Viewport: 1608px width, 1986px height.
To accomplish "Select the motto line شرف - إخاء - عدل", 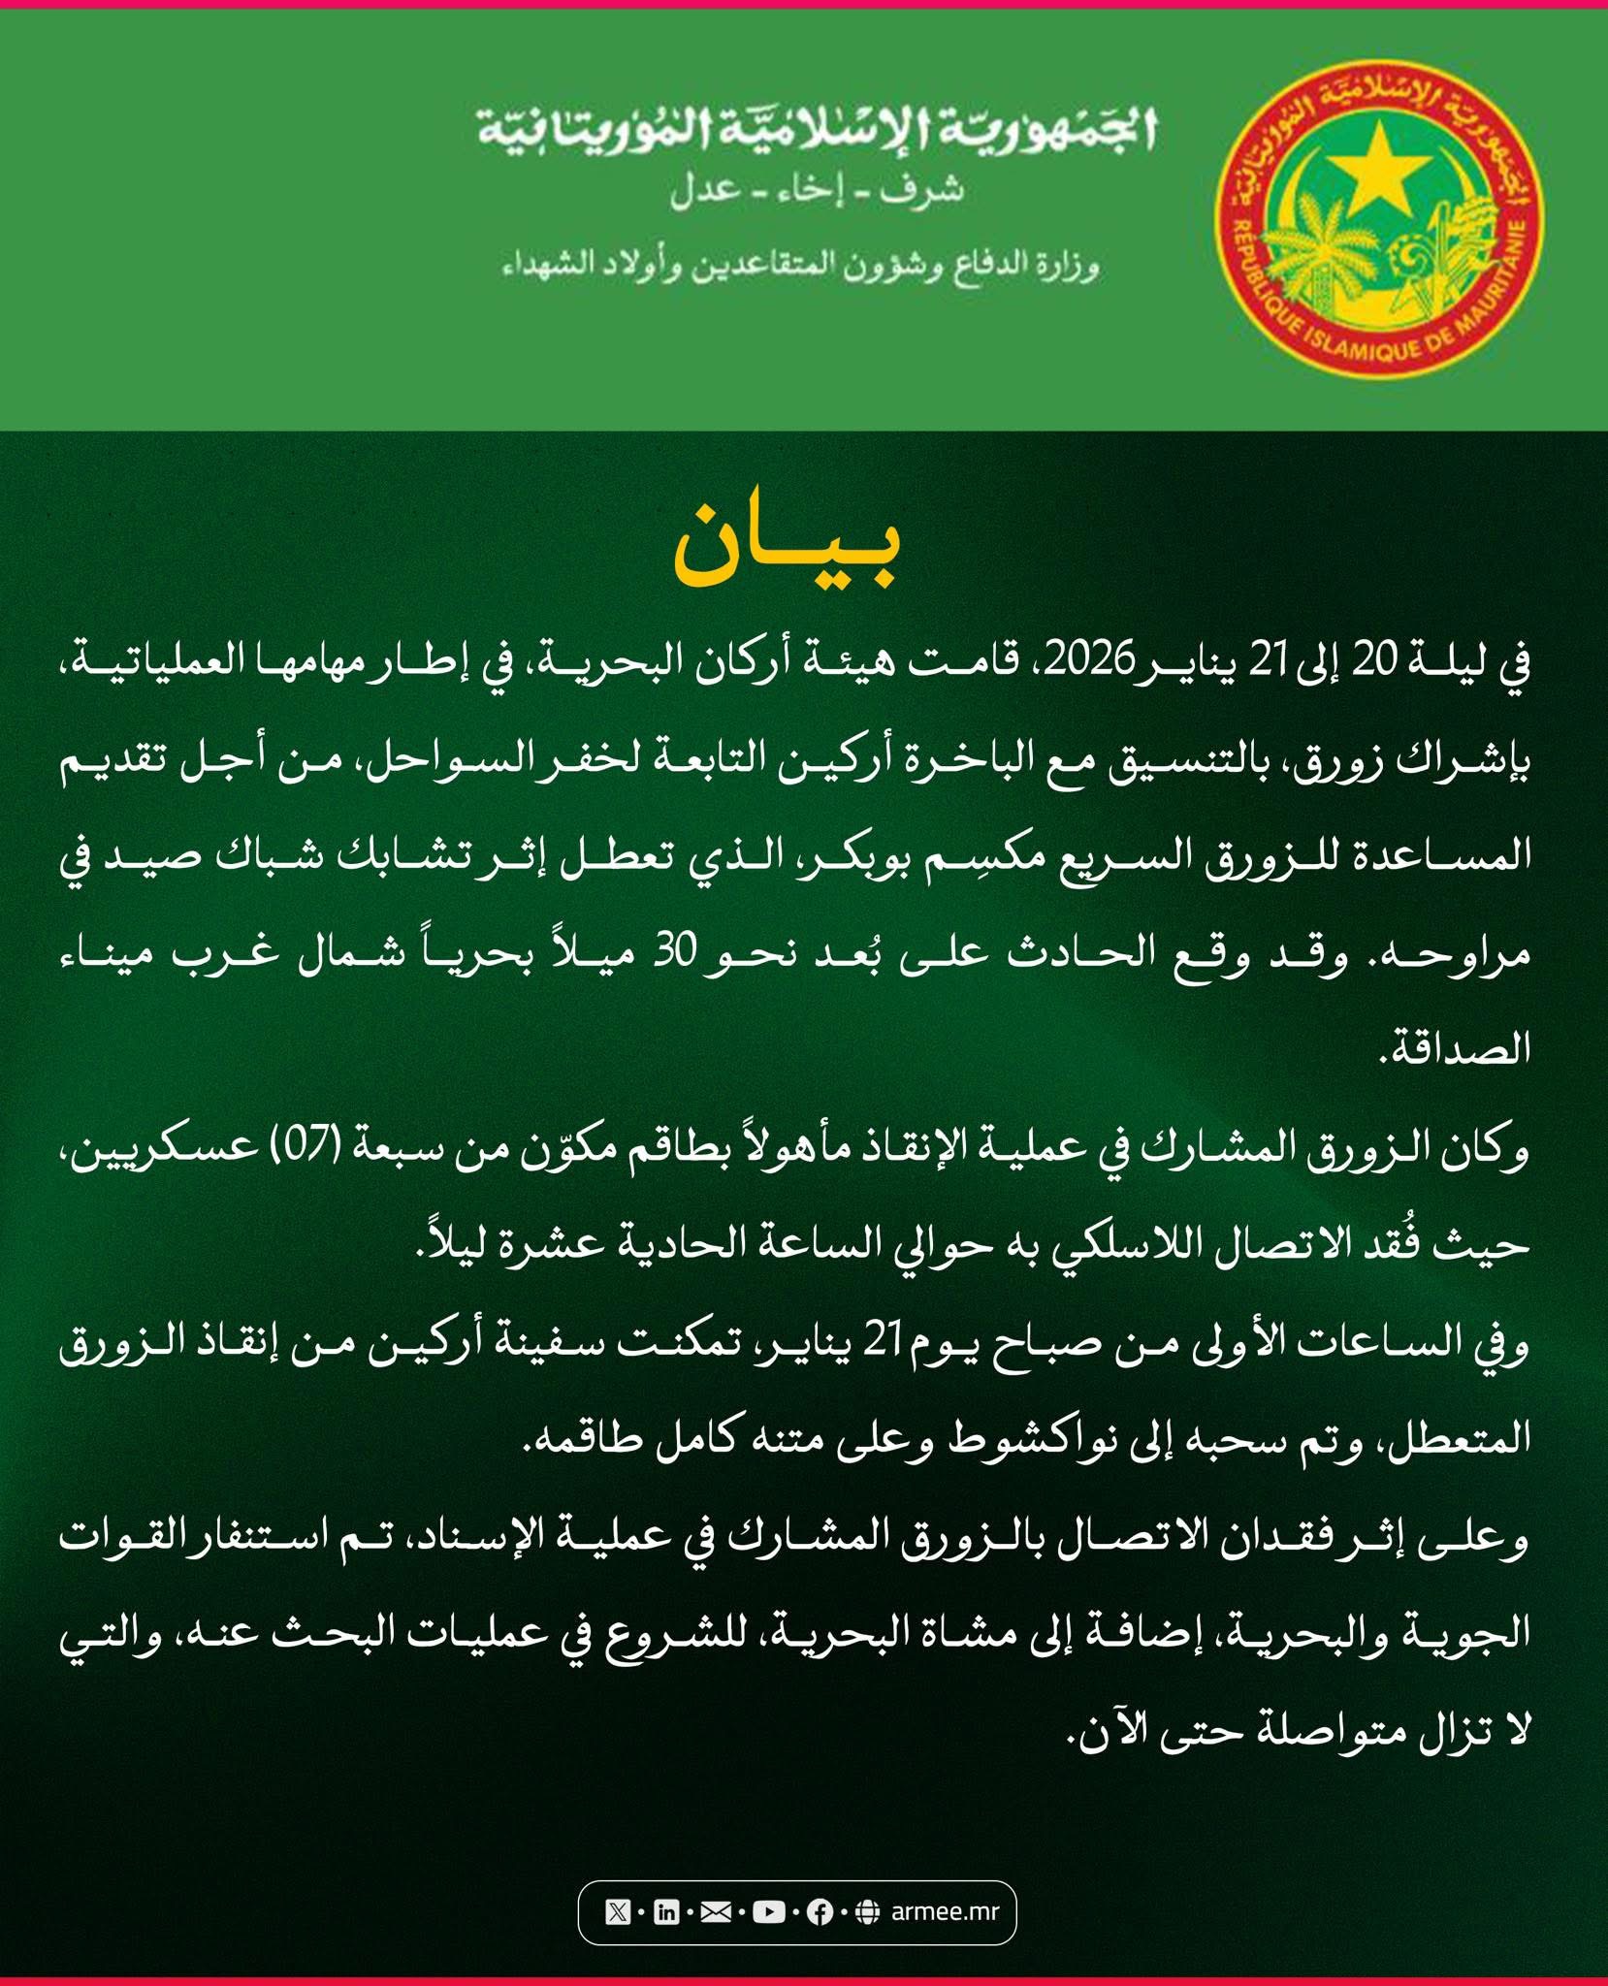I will [817, 190].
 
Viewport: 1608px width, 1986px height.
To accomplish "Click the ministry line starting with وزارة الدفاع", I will [801, 264].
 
